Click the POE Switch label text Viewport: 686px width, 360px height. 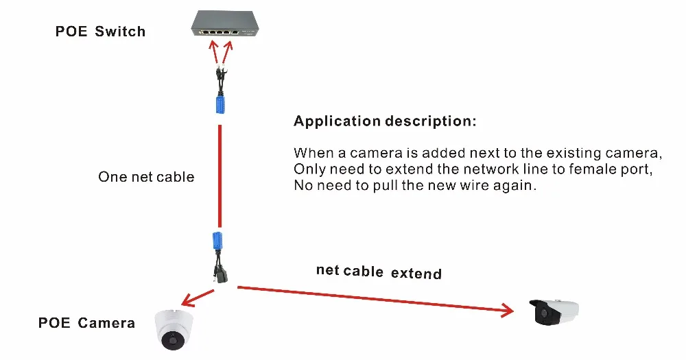[x=100, y=32]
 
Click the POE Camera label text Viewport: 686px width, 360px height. [x=86, y=323]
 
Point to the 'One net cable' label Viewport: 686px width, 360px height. [x=146, y=177]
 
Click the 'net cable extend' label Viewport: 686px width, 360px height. [x=379, y=272]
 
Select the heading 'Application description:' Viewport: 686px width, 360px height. [x=384, y=121]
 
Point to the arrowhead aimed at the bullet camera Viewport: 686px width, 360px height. [x=508, y=311]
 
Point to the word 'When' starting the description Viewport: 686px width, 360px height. [x=311, y=152]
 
